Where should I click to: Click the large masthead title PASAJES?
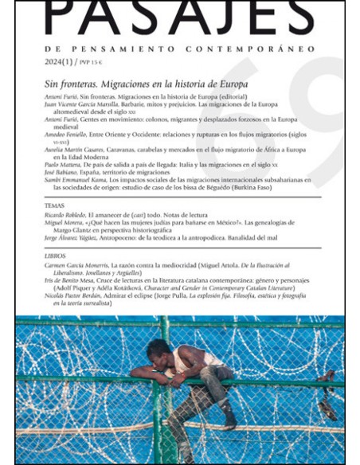click(179, 18)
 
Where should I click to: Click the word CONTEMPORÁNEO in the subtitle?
click(264, 49)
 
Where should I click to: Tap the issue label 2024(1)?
click(57, 61)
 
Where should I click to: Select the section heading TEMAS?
click(55, 205)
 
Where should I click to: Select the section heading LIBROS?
click(57, 255)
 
